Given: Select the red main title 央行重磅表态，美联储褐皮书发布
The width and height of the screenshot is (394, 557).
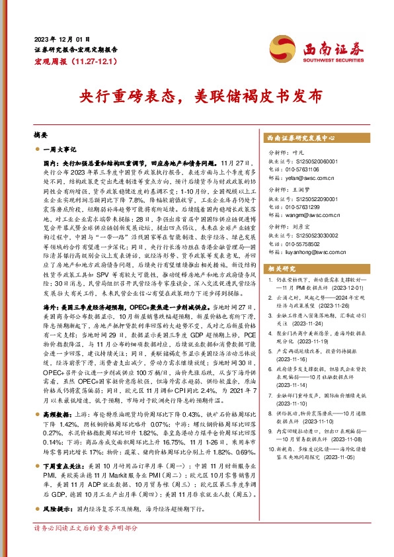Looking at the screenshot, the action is (x=196, y=96).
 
